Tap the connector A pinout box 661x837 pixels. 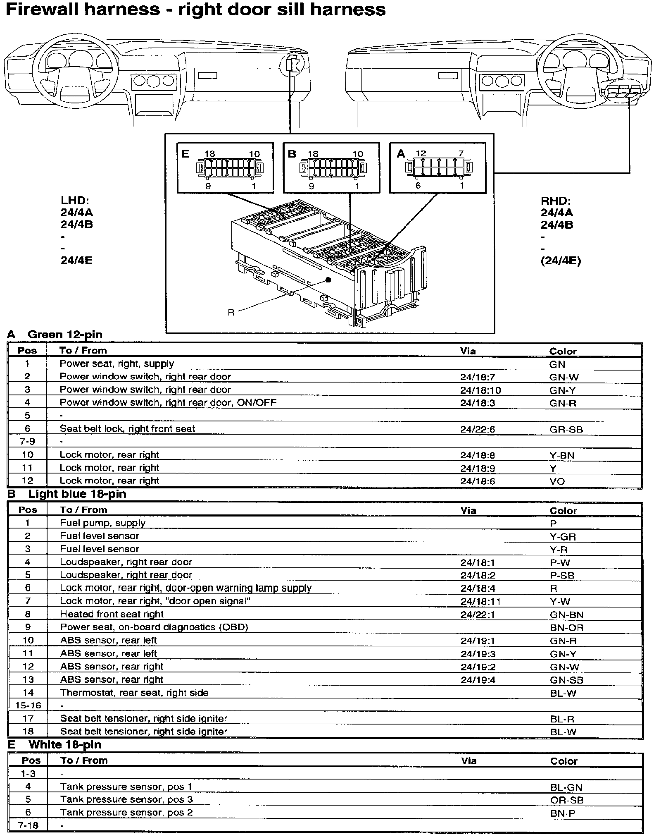point(438,167)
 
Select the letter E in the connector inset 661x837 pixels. point(185,154)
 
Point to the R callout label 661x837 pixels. point(231,313)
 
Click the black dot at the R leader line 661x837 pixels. point(328,280)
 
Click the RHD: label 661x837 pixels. point(556,201)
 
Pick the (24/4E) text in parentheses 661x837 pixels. point(561,261)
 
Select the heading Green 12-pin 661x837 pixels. point(65,335)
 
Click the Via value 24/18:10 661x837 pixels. point(480,390)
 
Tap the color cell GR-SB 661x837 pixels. point(566,429)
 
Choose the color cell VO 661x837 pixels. point(557,481)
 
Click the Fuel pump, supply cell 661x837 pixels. point(102,523)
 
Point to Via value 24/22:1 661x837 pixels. point(478,615)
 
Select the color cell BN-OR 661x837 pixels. point(566,628)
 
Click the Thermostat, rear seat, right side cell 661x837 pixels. point(134,693)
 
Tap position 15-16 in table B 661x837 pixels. point(28,705)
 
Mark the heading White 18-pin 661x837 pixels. point(65,745)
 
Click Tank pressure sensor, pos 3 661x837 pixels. point(126,799)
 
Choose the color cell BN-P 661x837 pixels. point(563,813)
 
